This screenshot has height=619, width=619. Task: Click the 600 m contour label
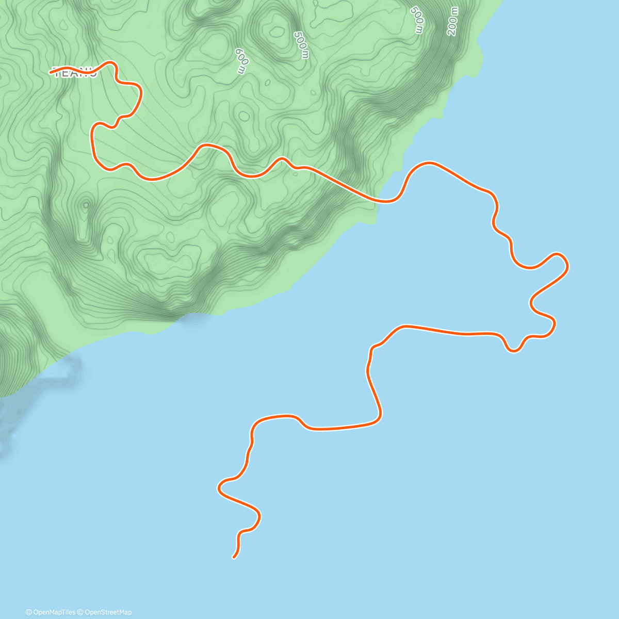tap(241, 60)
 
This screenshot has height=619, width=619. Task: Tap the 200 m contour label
tap(452, 21)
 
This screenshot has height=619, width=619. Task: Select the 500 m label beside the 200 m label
tap(417, 20)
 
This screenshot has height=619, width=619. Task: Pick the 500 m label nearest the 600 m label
tap(301, 45)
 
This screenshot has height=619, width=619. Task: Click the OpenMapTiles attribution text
tap(54, 612)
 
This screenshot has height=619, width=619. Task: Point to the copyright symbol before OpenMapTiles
tap(29, 612)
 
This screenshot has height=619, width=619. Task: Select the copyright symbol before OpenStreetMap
tap(80, 612)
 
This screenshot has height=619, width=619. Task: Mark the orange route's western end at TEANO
tap(51, 73)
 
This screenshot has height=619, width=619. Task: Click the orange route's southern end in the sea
tap(234, 558)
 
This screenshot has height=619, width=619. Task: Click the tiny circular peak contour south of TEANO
tap(85, 205)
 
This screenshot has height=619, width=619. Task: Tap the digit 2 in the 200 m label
tap(453, 31)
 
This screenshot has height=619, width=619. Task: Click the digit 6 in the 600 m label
tap(238, 52)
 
